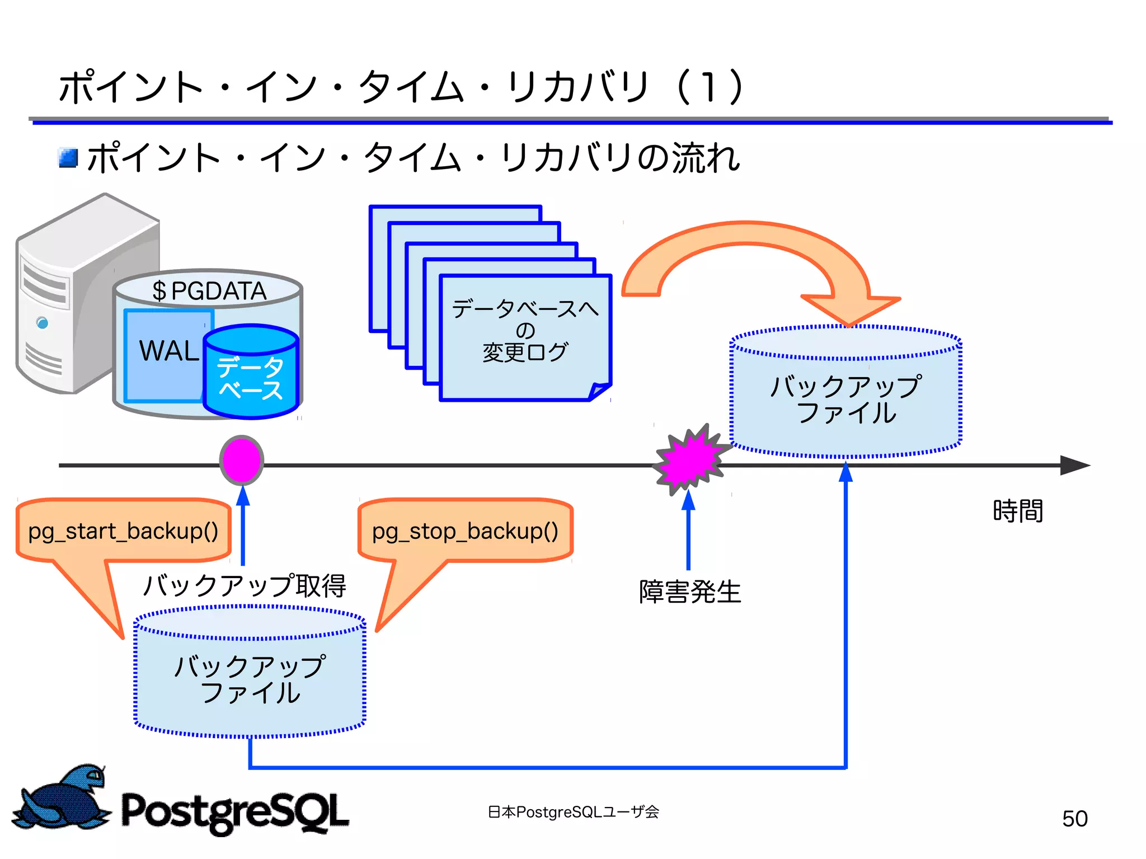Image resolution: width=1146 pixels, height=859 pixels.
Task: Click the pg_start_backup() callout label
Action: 123,530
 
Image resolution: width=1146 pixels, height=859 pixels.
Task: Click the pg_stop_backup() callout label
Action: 465,530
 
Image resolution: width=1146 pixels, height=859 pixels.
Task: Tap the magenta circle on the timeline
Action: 241,460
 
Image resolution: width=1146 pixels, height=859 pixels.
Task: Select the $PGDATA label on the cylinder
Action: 209,290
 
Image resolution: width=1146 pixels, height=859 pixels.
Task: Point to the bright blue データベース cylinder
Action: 250,375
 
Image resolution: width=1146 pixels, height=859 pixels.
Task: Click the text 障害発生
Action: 690,592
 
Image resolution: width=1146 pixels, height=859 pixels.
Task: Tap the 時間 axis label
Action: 1017,511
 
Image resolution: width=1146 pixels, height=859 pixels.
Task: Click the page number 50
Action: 1074,819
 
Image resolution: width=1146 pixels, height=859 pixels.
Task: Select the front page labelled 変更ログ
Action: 524,336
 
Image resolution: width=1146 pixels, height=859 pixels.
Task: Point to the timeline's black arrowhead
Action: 1074,465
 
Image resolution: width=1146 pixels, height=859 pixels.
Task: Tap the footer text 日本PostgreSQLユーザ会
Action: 573,811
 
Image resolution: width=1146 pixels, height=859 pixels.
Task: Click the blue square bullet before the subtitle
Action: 68,158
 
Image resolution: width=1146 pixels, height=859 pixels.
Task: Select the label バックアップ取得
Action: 245,585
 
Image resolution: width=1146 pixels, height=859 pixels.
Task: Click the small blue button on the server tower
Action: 42,323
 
